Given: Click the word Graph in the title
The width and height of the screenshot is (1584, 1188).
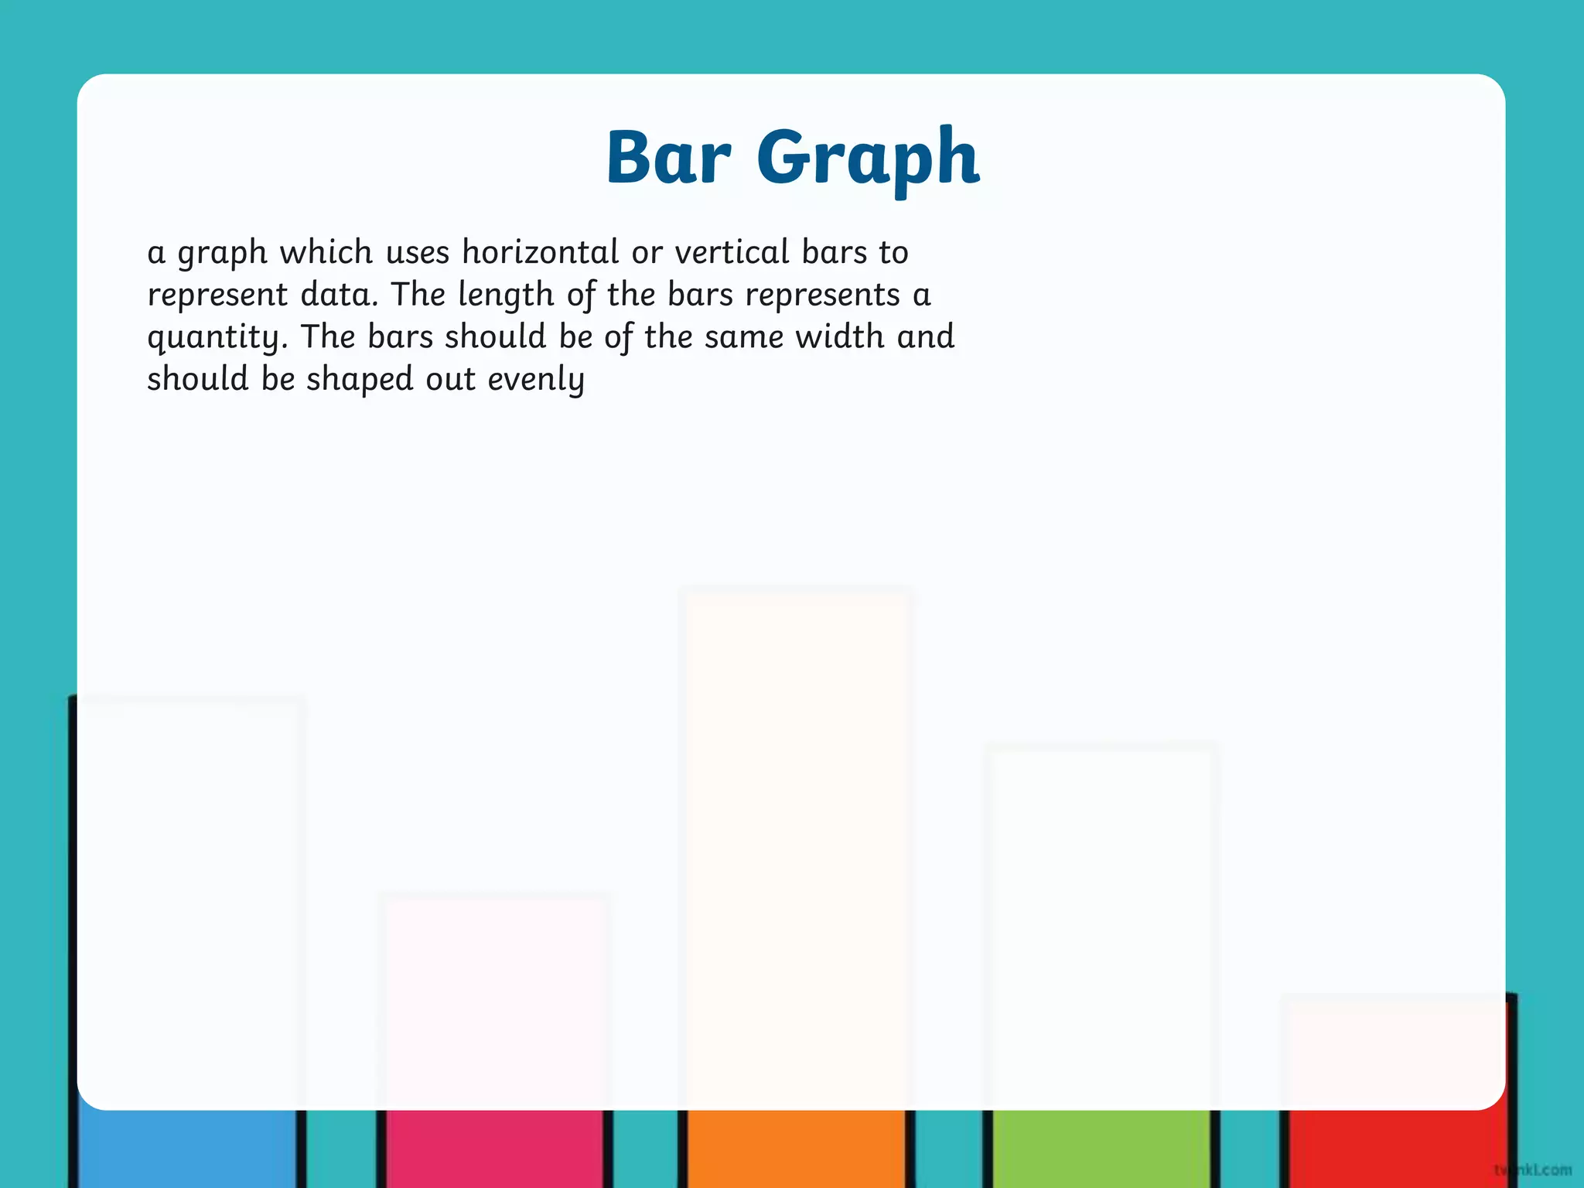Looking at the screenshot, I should point(868,159).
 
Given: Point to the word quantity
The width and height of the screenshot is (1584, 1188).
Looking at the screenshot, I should point(217,338).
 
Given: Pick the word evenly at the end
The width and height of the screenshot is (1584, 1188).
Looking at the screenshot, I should point(536,380).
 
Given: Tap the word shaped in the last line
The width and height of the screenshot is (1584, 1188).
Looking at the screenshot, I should point(360,380).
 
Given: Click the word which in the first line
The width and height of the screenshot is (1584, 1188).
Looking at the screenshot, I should point(326,252).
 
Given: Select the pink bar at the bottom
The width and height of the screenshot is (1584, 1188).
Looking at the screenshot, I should point(494,1149).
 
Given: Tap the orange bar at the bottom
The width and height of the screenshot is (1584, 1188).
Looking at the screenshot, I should point(795,1149).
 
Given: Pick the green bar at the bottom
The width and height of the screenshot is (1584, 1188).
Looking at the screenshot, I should point(1100,1149).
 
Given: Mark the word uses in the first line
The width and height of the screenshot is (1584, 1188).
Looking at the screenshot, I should point(417,252).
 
